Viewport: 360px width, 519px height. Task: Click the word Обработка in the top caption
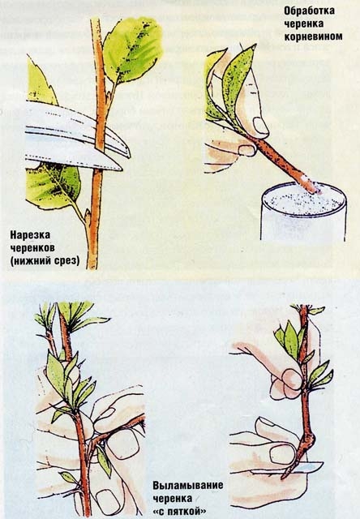pos(309,11)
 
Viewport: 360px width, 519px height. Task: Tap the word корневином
pos(313,36)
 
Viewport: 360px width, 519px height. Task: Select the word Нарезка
pos(30,235)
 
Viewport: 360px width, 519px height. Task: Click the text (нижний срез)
pos(45,260)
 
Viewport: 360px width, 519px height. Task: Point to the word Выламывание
pos(187,486)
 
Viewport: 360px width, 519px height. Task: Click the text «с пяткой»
pos(179,511)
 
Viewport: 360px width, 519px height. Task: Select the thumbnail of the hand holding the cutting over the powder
pos(261,127)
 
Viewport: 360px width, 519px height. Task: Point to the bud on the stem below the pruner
pos(88,217)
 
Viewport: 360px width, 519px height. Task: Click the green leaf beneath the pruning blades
pos(53,186)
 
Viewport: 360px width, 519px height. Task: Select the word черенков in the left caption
pos(32,248)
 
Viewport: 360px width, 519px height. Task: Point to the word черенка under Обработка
pos(304,24)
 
